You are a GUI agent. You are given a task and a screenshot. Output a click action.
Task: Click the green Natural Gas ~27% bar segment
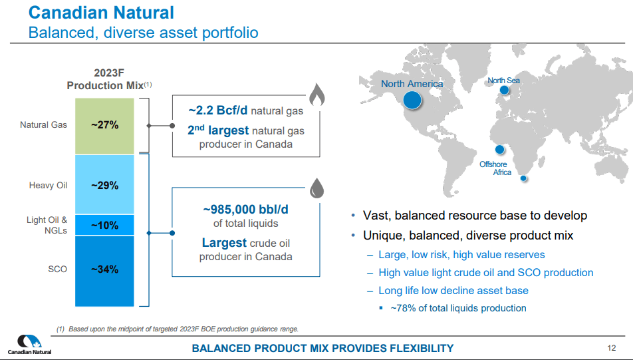point(105,125)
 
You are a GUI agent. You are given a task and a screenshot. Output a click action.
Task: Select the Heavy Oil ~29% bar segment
point(105,185)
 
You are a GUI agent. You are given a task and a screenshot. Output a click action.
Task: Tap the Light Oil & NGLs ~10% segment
point(105,225)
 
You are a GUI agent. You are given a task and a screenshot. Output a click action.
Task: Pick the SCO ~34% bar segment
point(105,270)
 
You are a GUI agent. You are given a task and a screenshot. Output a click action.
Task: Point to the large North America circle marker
point(412,100)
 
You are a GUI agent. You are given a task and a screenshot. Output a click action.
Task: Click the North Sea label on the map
point(503,81)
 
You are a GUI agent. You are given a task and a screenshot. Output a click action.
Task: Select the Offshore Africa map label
point(493,168)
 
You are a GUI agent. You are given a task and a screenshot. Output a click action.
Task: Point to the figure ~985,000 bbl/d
point(245,209)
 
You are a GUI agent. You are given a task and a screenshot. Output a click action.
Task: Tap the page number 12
point(612,348)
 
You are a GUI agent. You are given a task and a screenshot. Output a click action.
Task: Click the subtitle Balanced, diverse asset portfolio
point(143,32)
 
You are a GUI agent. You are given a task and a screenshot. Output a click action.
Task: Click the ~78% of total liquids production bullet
point(458,308)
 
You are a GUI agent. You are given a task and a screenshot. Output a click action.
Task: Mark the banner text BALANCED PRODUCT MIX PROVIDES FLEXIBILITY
point(322,348)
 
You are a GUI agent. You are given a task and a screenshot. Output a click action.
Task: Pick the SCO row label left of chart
point(57,270)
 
